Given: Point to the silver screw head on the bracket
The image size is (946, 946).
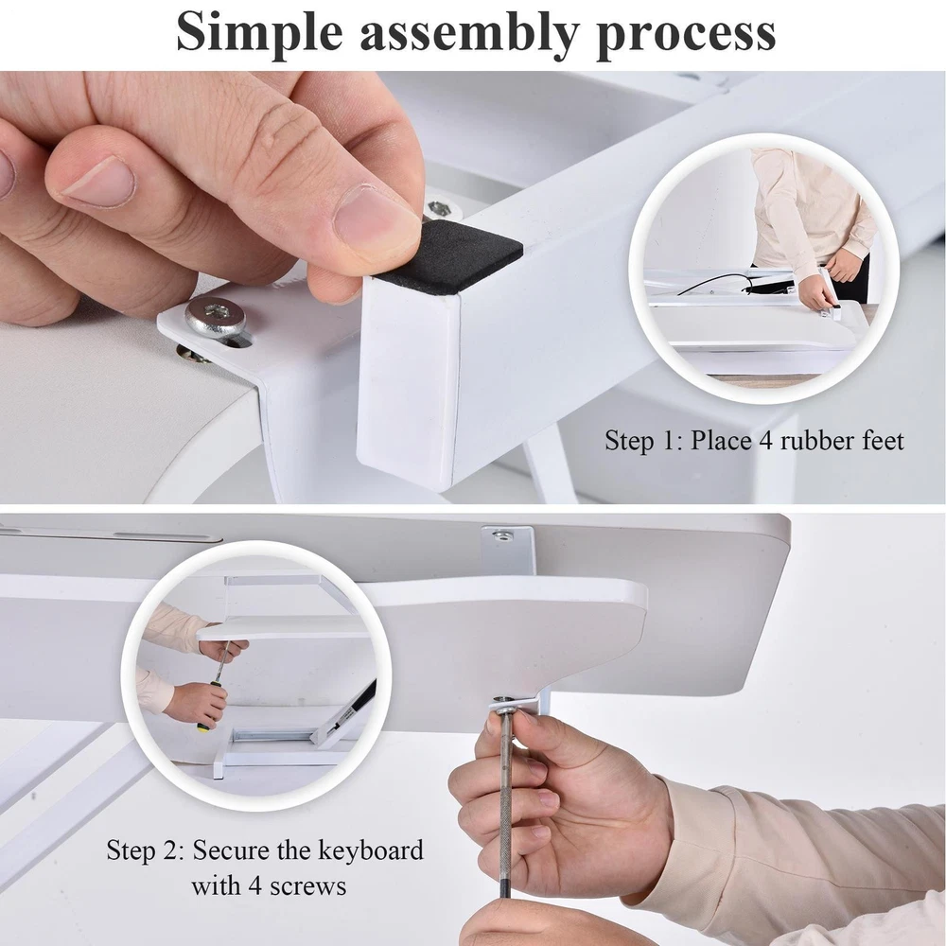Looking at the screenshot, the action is tap(216, 316).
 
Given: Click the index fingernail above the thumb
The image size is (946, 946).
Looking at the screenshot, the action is tap(99, 181).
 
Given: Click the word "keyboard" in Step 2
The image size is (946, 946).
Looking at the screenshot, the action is tap(371, 850).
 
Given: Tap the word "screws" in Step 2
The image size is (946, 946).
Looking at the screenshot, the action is tap(307, 887).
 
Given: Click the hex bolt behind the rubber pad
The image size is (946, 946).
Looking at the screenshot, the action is tap(438, 208).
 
